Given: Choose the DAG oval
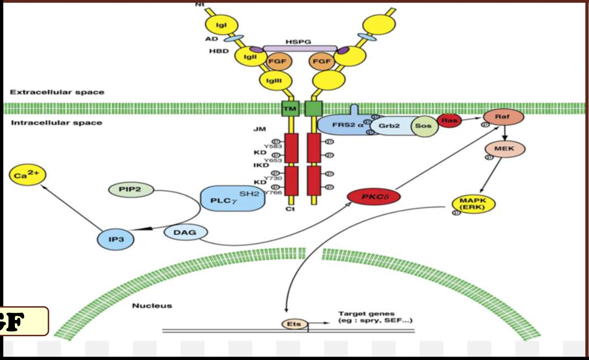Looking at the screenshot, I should (x=186, y=232).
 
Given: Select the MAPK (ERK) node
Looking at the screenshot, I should (x=473, y=203).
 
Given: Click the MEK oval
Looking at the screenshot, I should (x=505, y=149).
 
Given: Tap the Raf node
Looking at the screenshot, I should (x=503, y=117).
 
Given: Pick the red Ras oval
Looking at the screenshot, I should (x=449, y=121).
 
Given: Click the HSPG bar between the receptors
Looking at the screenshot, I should (x=300, y=48).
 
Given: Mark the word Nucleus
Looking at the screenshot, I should (x=152, y=306).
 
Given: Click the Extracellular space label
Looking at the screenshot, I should (x=58, y=92).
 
